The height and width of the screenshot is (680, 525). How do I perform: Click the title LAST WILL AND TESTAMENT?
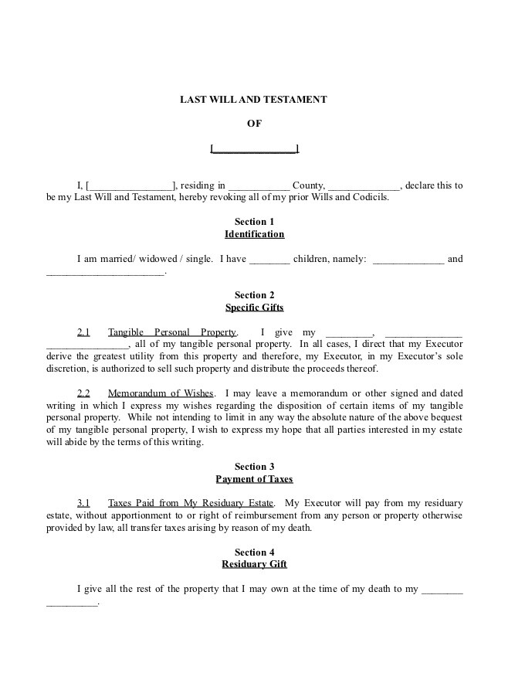pyautogui.click(x=254, y=100)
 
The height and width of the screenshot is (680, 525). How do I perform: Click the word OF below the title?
pyautogui.click(x=254, y=124)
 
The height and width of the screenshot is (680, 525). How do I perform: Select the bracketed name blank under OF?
pyautogui.click(x=254, y=148)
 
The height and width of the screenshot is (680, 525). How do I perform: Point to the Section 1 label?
pyautogui.click(x=254, y=222)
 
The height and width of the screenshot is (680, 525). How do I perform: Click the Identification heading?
pyautogui.click(x=254, y=234)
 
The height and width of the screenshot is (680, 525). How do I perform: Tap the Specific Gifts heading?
pyautogui.click(x=254, y=308)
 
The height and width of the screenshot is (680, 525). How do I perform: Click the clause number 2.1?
pyautogui.click(x=83, y=332)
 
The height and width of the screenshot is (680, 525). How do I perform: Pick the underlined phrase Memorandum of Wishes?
pyautogui.click(x=161, y=393)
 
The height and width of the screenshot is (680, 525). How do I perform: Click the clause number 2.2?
pyautogui.click(x=83, y=393)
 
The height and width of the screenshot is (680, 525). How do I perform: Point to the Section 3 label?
pyautogui.click(x=254, y=467)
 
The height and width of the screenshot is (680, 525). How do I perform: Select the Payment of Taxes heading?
pyautogui.click(x=254, y=479)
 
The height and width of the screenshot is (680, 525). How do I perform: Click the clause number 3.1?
pyautogui.click(x=83, y=503)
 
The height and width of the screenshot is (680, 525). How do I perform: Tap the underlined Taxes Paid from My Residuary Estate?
pyautogui.click(x=191, y=503)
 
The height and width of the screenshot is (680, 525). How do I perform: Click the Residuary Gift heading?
pyautogui.click(x=254, y=564)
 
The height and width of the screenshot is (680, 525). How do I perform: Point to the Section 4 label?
pyautogui.click(x=254, y=552)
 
